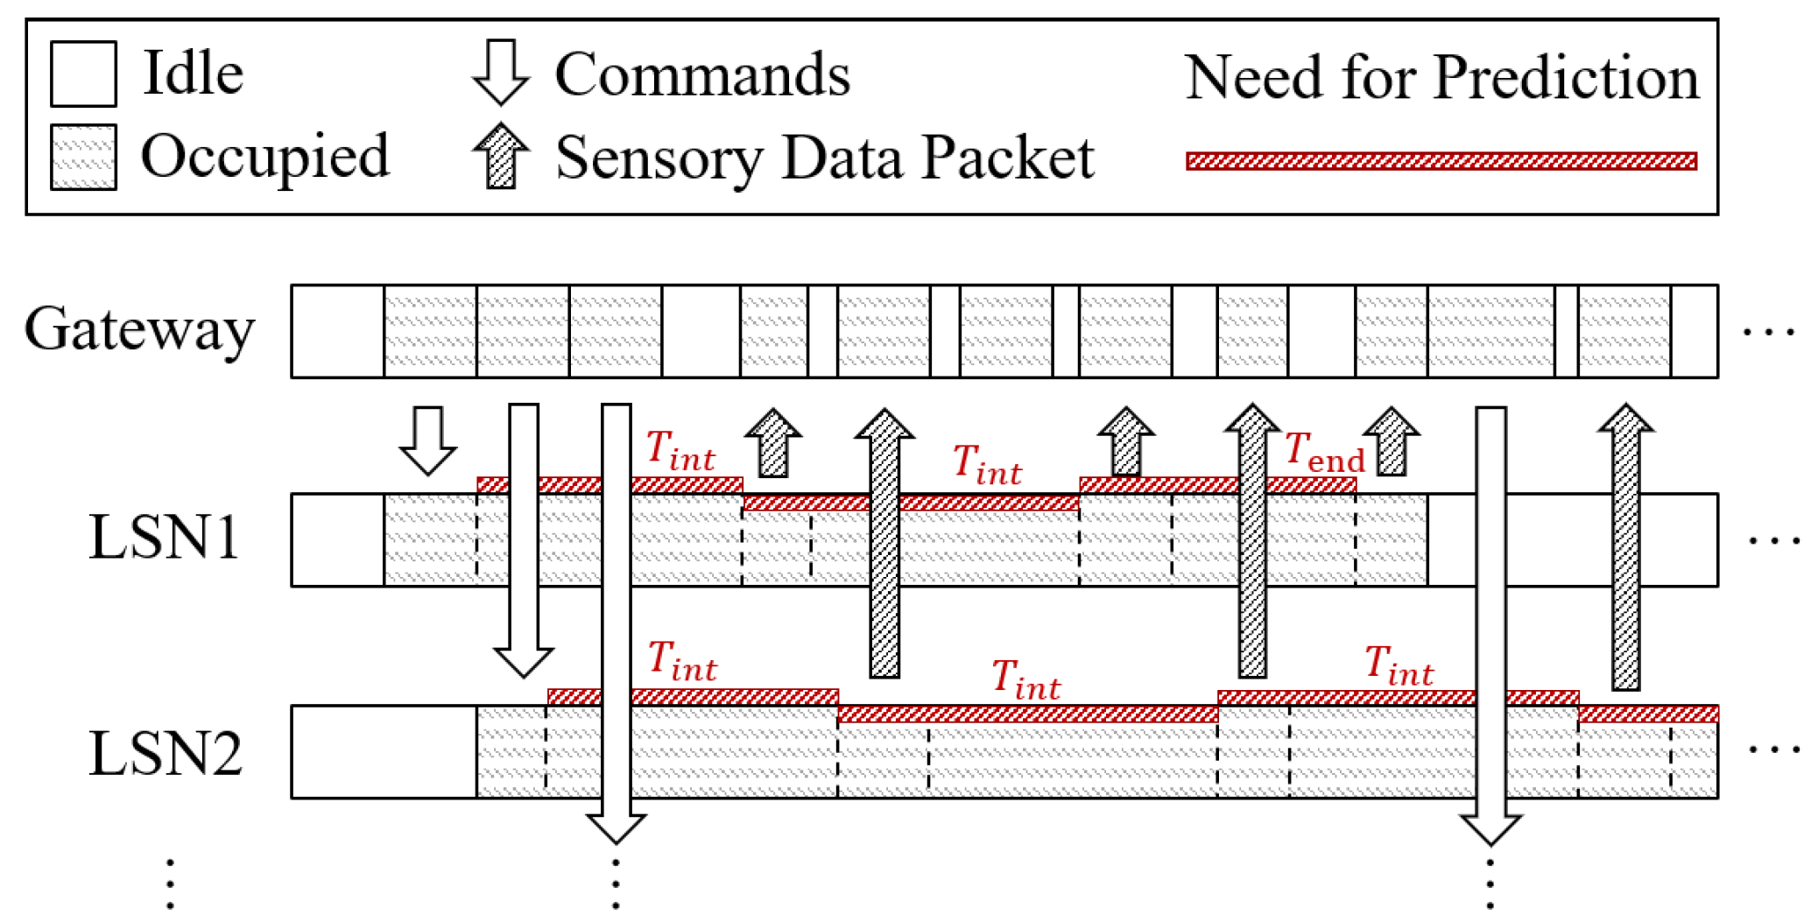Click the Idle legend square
click(x=83, y=74)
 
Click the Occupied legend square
click(x=83, y=157)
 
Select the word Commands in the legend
click(x=702, y=74)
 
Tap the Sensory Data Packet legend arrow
click(x=501, y=156)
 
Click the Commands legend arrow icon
click(x=501, y=73)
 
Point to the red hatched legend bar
click(x=1441, y=161)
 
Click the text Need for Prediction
click(x=1441, y=77)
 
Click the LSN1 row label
click(x=164, y=537)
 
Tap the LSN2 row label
click(x=165, y=753)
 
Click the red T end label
click(x=1323, y=453)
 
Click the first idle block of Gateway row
click(x=337, y=331)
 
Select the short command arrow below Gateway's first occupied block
click(x=427, y=440)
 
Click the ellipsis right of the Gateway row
click(x=1768, y=333)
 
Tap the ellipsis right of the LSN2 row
click(x=1773, y=750)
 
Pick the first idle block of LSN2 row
click(x=384, y=752)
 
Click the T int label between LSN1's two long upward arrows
click(x=987, y=464)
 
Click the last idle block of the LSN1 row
click(x=1572, y=539)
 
